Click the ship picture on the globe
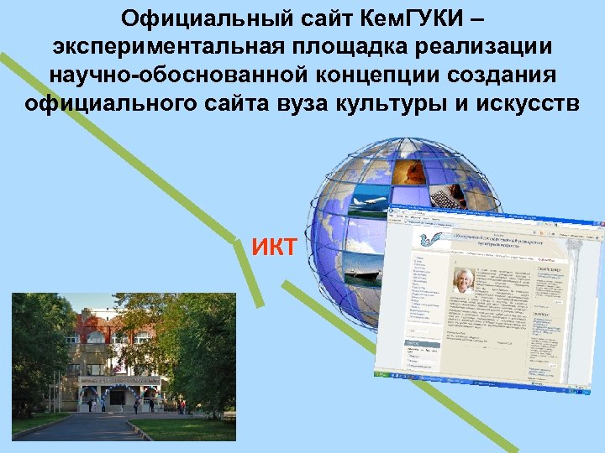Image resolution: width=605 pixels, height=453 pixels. (362, 270)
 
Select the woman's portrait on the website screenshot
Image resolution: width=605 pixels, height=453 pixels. (463, 281)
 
